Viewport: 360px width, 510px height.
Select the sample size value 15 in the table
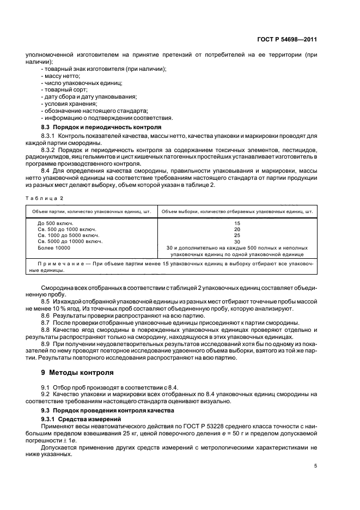(x=236, y=223)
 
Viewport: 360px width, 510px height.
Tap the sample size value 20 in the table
(x=236, y=229)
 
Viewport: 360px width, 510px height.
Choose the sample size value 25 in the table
(x=236, y=235)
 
